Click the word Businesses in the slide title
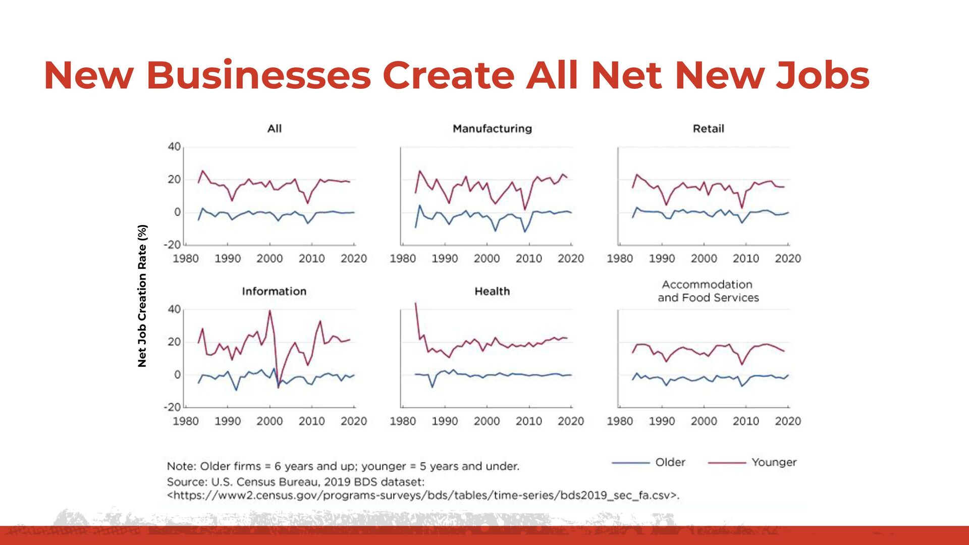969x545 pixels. pyautogui.click(x=258, y=76)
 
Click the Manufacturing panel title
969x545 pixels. pyautogui.click(x=492, y=129)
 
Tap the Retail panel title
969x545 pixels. pyautogui.click(x=708, y=129)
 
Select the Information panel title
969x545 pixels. pyautogui.click(x=274, y=291)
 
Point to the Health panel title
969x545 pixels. pyautogui.click(x=492, y=291)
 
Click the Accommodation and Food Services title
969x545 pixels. pyautogui.click(x=708, y=291)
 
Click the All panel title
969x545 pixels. pyautogui.click(x=274, y=129)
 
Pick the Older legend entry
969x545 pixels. pyautogui.click(x=670, y=462)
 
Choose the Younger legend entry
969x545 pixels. pyautogui.click(x=774, y=462)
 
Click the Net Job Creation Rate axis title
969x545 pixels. pyautogui.click(x=142, y=296)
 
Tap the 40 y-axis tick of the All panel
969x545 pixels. pyautogui.click(x=174, y=147)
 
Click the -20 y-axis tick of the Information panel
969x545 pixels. pyautogui.click(x=172, y=407)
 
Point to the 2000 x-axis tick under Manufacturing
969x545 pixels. pyautogui.click(x=487, y=259)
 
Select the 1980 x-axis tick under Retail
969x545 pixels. pyautogui.click(x=620, y=259)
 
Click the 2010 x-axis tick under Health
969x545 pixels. pyautogui.click(x=528, y=421)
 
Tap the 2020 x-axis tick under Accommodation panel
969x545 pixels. pyautogui.click(x=787, y=421)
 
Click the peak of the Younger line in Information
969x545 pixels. pyautogui.click(x=270, y=311)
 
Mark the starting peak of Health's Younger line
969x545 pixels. pyautogui.click(x=415, y=304)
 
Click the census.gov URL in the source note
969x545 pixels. pyautogui.click(x=423, y=496)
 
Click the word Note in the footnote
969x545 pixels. pyautogui.click(x=180, y=466)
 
